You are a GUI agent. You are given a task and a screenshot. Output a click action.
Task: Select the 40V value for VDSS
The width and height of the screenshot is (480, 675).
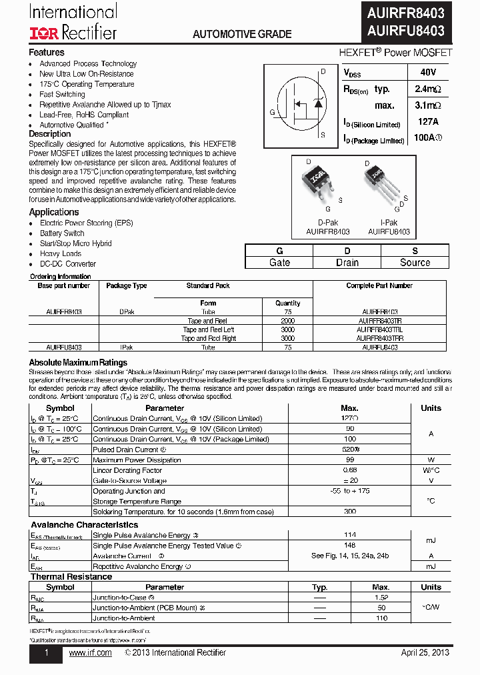(x=428, y=72)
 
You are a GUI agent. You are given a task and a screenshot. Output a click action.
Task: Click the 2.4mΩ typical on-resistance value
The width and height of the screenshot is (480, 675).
(x=427, y=89)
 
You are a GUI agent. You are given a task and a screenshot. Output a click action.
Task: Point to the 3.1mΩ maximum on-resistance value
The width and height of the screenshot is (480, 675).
(x=427, y=105)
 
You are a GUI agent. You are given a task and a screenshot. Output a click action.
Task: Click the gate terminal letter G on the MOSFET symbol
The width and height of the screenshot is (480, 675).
(x=272, y=112)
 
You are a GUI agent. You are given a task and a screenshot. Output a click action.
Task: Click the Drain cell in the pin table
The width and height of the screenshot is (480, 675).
(x=347, y=263)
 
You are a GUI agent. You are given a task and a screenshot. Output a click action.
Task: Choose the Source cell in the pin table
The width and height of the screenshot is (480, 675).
(x=415, y=263)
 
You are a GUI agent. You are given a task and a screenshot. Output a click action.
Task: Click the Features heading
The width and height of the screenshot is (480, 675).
(x=47, y=52)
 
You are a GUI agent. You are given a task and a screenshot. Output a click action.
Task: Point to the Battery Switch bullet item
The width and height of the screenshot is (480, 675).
(x=62, y=233)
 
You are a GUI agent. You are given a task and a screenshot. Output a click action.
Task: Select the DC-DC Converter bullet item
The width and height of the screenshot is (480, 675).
(x=67, y=263)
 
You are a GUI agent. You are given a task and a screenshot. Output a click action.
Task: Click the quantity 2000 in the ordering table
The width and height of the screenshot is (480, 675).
(x=288, y=321)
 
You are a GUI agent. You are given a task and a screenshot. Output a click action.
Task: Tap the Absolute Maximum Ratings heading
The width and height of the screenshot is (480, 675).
(x=78, y=363)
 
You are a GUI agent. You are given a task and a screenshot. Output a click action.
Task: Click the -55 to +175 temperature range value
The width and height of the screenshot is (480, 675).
(x=349, y=491)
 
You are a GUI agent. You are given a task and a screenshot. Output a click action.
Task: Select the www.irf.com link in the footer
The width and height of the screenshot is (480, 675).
(x=90, y=652)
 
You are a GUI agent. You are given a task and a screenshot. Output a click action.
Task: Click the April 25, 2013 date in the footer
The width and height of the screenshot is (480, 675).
(x=425, y=652)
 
